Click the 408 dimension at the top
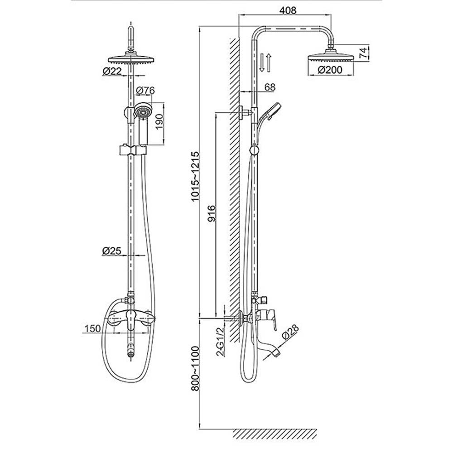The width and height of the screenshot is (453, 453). coord(288,10)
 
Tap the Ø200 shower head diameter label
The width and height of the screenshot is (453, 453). coord(329,70)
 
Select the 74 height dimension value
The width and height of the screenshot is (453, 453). coord(363,53)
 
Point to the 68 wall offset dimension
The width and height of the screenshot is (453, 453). coord(270,87)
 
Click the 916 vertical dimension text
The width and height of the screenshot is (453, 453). coord(212,213)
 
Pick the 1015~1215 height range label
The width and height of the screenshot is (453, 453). coord(195,176)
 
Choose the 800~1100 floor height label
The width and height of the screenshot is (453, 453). coord(195,368)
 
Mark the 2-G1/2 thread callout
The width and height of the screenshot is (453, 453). coord(221,342)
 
